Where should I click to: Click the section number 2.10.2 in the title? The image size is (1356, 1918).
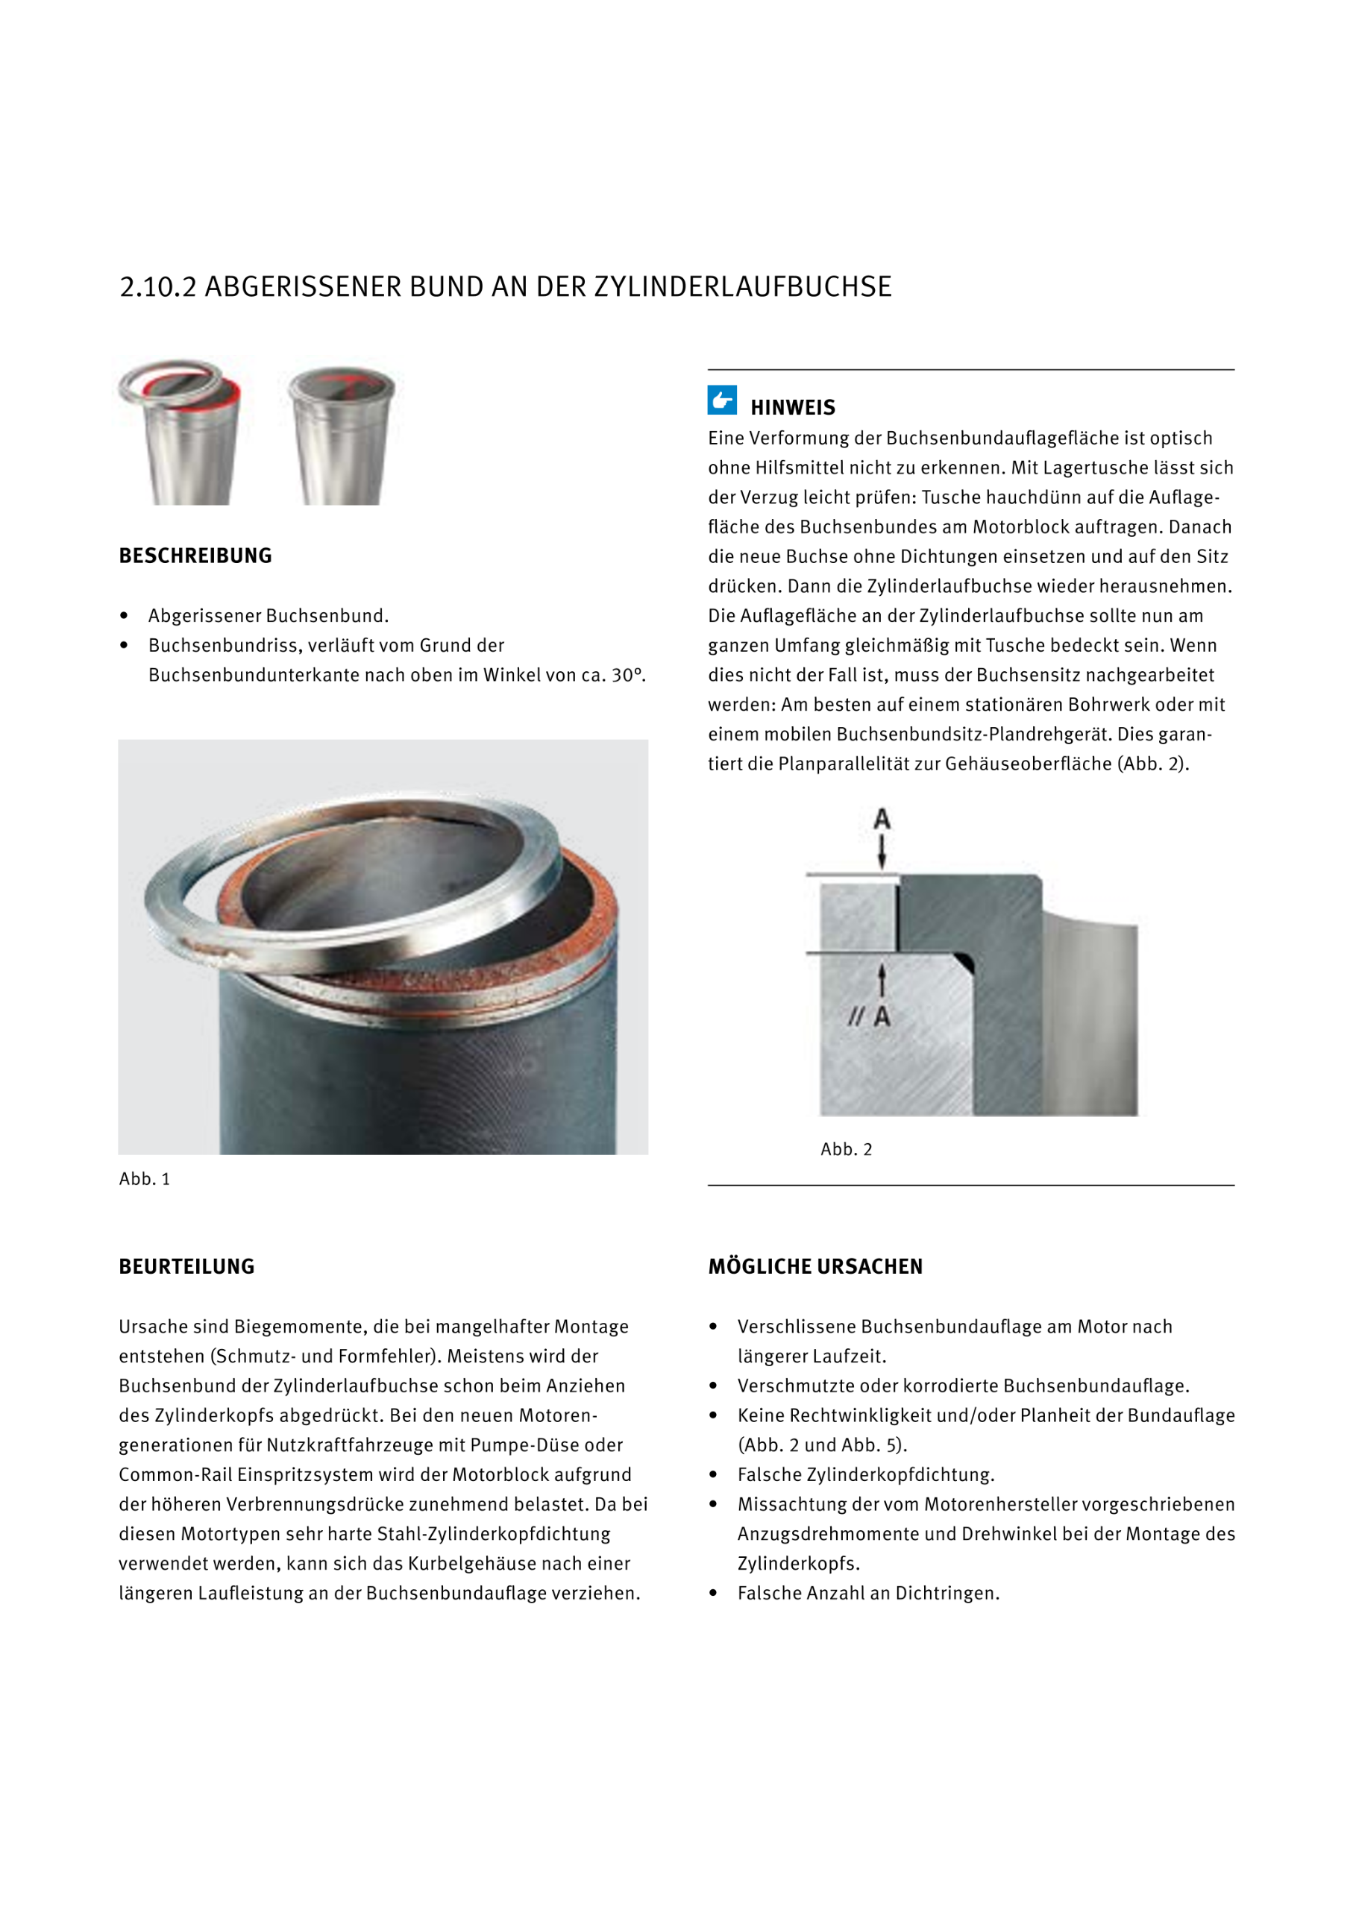pyautogui.click(x=157, y=286)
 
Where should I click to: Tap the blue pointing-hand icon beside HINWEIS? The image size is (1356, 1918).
pyautogui.click(x=722, y=400)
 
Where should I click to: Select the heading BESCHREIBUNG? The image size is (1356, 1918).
pyautogui.click(x=195, y=556)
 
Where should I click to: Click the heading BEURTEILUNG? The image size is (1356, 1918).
pyautogui.click(x=186, y=1266)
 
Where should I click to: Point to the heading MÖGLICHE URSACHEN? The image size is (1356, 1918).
pyautogui.click(x=814, y=1266)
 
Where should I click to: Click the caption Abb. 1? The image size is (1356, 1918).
pyautogui.click(x=145, y=1179)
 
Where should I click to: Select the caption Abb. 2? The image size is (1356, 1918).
pyautogui.click(x=846, y=1149)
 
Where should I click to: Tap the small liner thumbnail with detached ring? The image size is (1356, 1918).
pyautogui.click(x=181, y=432)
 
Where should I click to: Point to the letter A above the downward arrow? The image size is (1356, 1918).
pyautogui.click(x=882, y=819)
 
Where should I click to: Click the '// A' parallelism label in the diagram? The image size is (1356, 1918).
pyautogui.click(x=870, y=1016)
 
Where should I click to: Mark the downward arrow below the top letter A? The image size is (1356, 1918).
pyautogui.click(x=882, y=852)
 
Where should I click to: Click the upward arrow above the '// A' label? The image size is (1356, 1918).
pyautogui.click(x=882, y=980)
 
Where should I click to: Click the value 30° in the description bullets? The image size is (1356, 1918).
pyautogui.click(x=627, y=675)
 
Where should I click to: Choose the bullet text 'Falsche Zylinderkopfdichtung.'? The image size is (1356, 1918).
pyautogui.click(x=865, y=1474)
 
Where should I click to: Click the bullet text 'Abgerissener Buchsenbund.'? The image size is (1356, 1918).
pyautogui.click(x=269, y=616)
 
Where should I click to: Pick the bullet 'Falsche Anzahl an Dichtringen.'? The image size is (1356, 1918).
pyautogui.click(x=868, y=1593)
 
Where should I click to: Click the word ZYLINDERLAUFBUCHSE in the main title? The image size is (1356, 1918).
pyautogui.click(x=743, y=286)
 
